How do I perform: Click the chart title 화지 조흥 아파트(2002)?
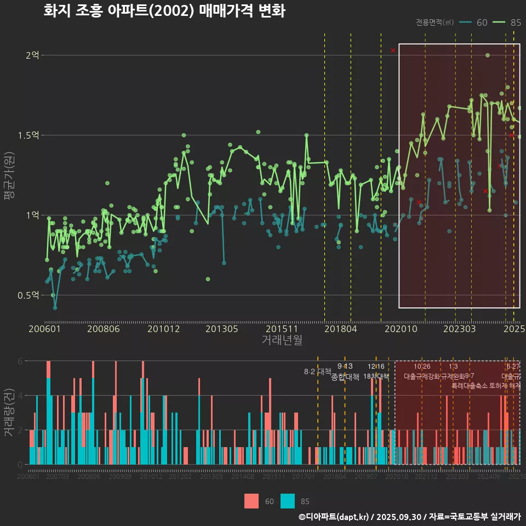coord(164,11)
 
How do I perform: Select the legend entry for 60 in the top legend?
coord(474,22)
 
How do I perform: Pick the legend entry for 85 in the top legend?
coord(507,22)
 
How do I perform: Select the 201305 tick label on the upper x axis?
coord(222,329)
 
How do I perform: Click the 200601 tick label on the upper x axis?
coord(44,329)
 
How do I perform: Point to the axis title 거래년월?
coord(282,340)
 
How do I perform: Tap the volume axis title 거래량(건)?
coord(9,413)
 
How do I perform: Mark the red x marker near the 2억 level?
coord(393,50)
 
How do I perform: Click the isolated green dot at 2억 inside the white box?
coord(487,55)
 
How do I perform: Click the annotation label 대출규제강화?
coord(421,376)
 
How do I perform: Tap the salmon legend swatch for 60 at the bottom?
coord(251,501)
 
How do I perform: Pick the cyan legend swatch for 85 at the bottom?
coord(287,501)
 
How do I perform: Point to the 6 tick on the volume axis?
coord(20,361)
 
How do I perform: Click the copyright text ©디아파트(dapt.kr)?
coord(335,517)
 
